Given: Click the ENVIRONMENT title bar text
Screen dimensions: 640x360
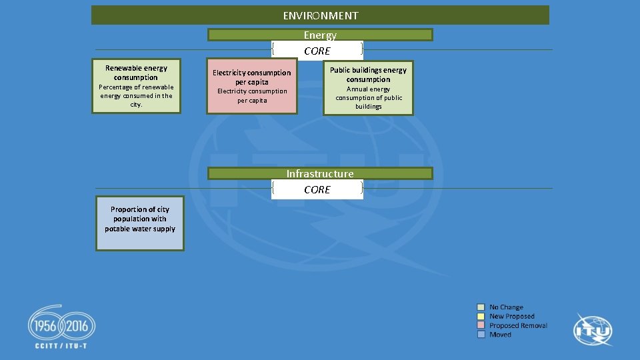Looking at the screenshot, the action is tap(320, 15).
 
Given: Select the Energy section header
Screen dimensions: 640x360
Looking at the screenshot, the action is tap(320, 35).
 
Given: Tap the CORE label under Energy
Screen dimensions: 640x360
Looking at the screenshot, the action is tap(317, 51).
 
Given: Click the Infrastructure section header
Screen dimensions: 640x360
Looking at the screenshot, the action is tap(320, 173).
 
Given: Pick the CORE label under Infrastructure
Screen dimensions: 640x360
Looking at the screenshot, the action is tap(317, 189).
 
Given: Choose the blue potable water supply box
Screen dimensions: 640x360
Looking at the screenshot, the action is tap(140, 223).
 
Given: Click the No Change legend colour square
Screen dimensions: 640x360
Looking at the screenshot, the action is tap(481, 307).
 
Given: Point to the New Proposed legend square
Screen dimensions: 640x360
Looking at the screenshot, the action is tap(481, 317).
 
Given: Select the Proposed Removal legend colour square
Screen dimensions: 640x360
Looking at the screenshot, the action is tap(481, 325).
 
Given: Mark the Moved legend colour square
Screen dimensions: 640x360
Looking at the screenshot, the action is tap(481, 335).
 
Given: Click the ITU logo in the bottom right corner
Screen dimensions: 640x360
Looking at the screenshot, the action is tap(593, 330).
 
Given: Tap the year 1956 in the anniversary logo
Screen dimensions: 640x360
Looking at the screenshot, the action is tap(43, 327).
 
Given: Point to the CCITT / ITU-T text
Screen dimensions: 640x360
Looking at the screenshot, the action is tap(61, 345).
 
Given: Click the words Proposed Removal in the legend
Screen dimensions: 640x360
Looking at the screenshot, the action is tap(518, 325).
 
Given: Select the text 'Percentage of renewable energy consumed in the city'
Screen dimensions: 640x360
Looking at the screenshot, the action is tap(136, 95).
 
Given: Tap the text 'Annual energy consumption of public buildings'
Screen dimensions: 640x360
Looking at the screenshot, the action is tap(368, 97).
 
